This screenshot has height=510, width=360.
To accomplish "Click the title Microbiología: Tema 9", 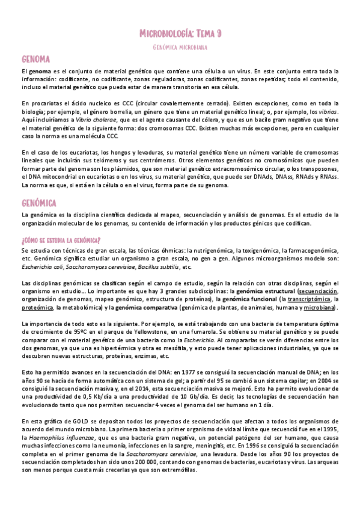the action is coord(180,34).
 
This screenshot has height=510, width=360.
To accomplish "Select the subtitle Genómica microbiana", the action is coord(180,46).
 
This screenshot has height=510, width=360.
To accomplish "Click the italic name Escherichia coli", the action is coord(41,266).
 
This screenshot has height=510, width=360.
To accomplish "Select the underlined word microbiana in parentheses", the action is coord(320,307).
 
